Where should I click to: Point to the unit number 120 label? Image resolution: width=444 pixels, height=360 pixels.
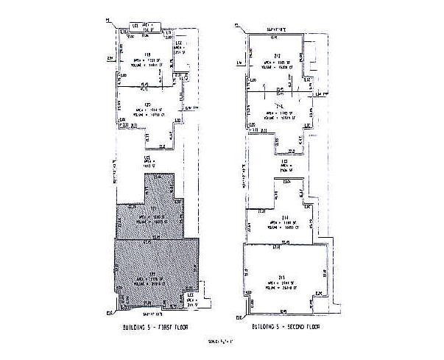(x=147, y=105)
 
